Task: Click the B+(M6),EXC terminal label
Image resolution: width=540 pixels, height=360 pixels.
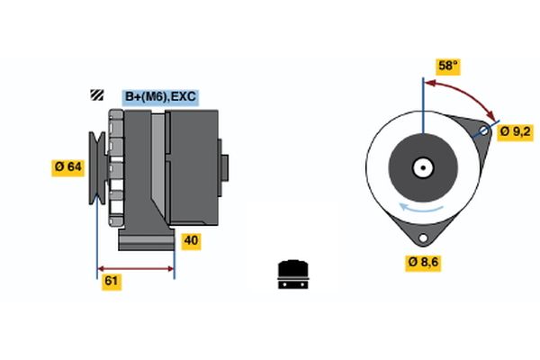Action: [159, 96]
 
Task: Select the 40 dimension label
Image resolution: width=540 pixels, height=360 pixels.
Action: [191, 240]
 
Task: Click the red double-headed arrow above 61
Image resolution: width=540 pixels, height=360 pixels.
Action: [136, 268]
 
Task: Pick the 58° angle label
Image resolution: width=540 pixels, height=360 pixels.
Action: [448, 66]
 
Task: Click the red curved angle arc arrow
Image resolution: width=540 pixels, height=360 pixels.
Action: [463, 93]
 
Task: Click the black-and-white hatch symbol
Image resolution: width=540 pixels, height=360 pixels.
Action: [95, 94]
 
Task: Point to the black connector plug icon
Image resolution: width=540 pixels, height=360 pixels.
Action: [292, 274]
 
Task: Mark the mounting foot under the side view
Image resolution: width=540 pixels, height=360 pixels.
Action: [146, 241]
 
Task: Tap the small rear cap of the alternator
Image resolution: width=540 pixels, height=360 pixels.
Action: [224, 168]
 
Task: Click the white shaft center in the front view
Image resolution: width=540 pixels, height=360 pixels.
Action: [421, 167]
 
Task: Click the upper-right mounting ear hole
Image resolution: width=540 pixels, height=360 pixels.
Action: [484, 131]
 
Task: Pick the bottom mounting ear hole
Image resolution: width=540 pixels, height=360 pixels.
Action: [421, 237]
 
